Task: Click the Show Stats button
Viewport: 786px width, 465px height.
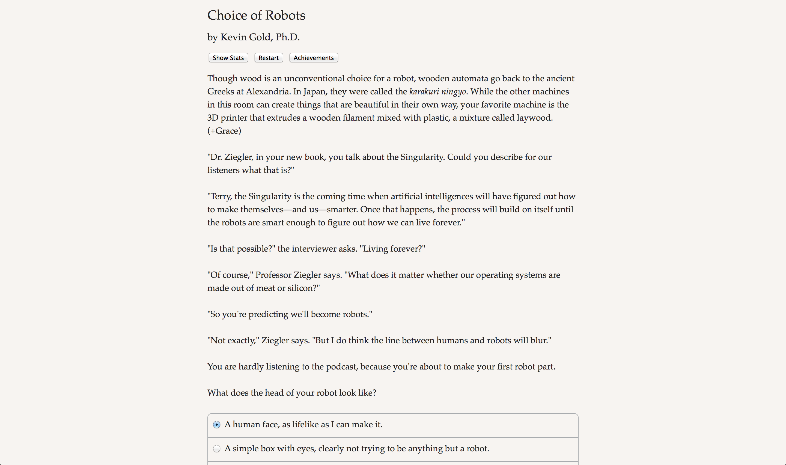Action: click(x=228, y=58)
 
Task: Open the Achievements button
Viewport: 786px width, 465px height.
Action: click(x=313, y=58)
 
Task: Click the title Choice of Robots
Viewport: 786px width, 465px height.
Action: click(x=256, y=15)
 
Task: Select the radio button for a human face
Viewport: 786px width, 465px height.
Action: click(x=216, y=425)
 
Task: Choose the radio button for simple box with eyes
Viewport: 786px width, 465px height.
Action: click(x=216, y=449)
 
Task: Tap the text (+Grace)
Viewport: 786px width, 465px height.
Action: click(x=224, y=131)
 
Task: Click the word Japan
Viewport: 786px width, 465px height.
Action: click(x=313, y=91)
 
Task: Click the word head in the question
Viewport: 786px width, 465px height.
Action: click(x=274, y=393)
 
